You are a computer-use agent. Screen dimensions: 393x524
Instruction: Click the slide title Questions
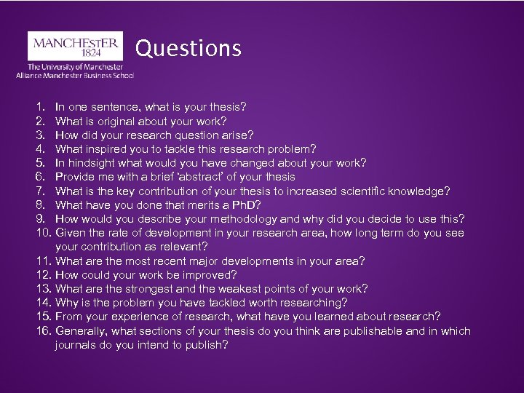pyautogui.click(x=188, y=49)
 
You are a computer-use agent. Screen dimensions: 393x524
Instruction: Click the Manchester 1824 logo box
pyautogui.click(x=75, y=45)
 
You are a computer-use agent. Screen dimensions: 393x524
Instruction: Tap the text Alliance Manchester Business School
pyautogui.click(x=75, y=74)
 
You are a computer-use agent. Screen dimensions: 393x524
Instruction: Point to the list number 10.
pyautogui.click(x=42, y=233)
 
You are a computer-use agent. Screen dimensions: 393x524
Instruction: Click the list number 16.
pyautogui.click(x=42, y=331)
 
